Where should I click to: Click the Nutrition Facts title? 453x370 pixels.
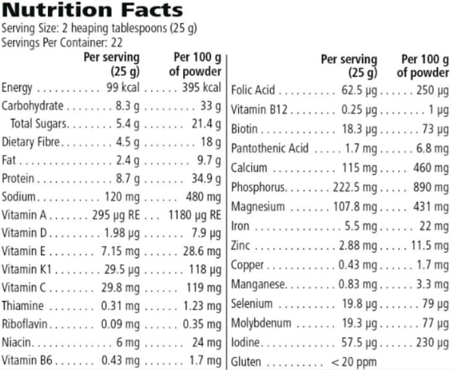coord(92,10)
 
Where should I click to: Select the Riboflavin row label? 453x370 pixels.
coord(24,324)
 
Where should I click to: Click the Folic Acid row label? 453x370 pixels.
coord(253,90)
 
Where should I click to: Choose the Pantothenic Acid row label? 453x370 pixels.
coord(270,149)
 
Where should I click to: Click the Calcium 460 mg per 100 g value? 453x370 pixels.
coord(431,168)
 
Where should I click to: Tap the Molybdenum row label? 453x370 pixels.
coord(261,323)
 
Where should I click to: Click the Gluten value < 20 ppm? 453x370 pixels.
coord(353,362)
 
